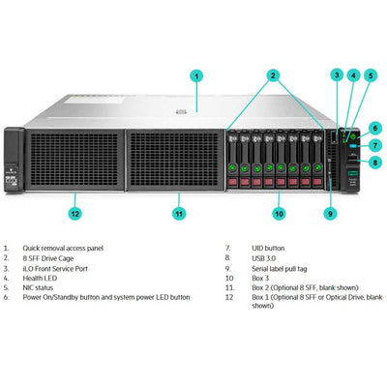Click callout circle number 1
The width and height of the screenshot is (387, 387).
(x=196, y=75)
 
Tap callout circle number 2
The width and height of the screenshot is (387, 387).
(x=274, y=75)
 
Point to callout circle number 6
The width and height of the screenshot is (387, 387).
(x=374, y=127)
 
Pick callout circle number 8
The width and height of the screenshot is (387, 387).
(x=374, y=164)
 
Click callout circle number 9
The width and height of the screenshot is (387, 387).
(x=330, y=212)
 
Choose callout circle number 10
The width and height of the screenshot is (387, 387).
(x=279, y=212)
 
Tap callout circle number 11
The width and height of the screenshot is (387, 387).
(x=178, y=212)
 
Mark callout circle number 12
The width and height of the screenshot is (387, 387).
(x=75, y=212)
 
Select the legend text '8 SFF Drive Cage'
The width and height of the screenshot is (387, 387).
(x=50, y=260)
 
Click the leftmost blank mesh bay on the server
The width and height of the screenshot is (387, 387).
(x=74, y=159)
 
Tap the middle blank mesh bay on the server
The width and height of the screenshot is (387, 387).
(x=175, y=159)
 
